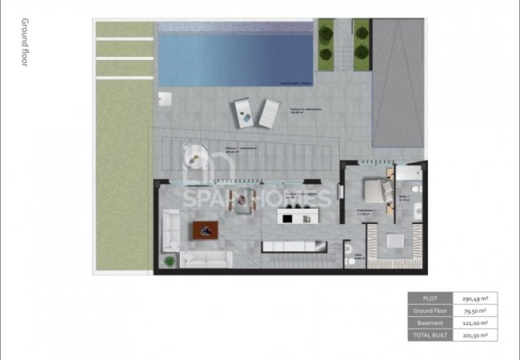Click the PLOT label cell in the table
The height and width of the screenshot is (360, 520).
(430, 298)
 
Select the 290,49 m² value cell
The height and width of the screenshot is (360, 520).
(476, 298)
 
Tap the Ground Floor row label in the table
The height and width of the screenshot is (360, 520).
(430, 310)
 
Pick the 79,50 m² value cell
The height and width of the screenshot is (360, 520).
(476, 310)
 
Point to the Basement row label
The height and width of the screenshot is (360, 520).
(430, 322)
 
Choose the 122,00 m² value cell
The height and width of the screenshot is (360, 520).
(476, 322)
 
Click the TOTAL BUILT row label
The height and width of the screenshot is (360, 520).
(430, 334)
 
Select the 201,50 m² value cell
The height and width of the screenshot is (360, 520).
(476, 334)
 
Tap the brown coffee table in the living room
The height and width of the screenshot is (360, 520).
(206, 230)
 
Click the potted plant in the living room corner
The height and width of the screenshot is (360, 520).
(170, 261)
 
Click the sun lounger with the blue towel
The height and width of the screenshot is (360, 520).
(243, 113)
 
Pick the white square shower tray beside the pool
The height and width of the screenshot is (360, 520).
(166, 99)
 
